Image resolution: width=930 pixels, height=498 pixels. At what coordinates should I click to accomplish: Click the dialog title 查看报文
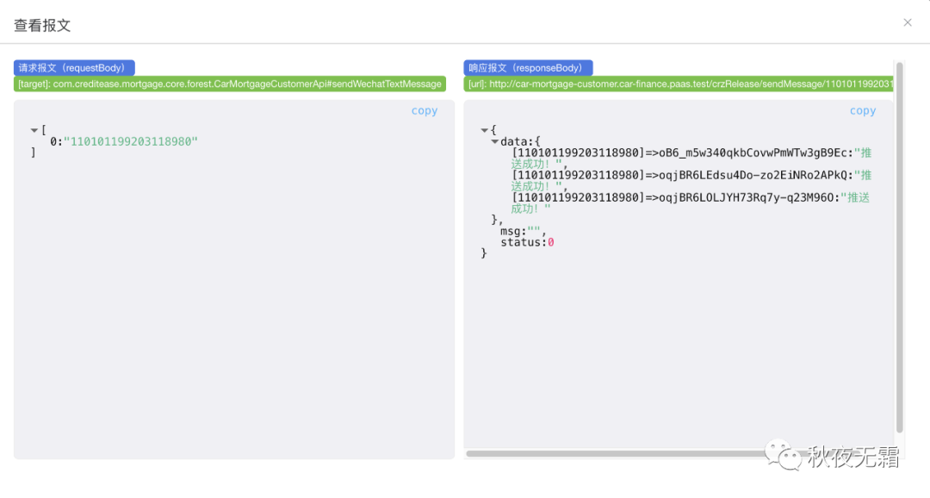point(42,25)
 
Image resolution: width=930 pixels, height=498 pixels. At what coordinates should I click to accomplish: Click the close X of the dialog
point(908,22)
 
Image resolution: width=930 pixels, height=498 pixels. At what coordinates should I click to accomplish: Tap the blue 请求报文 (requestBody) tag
point(74,67)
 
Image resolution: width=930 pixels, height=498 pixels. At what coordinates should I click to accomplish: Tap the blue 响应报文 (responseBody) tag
point(528,67)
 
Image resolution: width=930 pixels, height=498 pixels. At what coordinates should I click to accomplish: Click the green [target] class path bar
point(230,84)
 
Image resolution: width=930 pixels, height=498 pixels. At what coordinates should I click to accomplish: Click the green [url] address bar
point(679,84)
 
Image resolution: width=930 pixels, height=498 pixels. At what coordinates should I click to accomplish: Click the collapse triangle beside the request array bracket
point(34,130)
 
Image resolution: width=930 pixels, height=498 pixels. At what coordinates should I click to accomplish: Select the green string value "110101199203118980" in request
point(131,141)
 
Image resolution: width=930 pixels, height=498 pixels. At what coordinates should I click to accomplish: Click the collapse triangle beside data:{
point(494,141)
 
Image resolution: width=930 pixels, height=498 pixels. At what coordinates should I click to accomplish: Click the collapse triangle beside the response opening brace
point(485,130)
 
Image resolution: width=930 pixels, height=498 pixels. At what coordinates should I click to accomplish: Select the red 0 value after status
point(551,242)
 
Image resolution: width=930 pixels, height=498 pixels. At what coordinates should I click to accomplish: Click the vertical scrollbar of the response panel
point(900,250)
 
